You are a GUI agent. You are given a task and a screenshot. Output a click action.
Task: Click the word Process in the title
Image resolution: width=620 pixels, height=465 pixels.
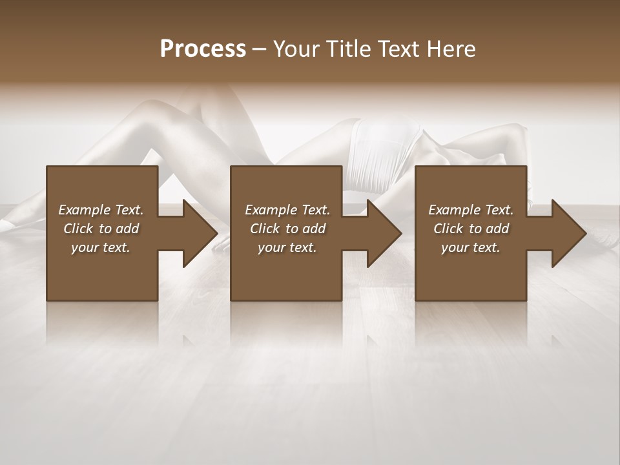(203, 49)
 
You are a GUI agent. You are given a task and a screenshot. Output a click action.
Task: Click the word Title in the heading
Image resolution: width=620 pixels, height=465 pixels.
(350, 49)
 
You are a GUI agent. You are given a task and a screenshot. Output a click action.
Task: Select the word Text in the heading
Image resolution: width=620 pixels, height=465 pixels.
(398, 49)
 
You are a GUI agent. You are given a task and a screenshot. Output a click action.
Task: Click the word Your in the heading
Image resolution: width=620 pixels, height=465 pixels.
(297, 49)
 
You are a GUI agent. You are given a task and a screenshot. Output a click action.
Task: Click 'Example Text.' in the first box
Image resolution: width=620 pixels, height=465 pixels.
(101, 210)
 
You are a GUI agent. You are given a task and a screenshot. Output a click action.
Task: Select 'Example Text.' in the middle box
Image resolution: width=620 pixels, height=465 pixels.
(287, 210)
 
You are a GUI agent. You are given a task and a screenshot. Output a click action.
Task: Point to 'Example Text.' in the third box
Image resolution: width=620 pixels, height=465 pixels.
(471, 210)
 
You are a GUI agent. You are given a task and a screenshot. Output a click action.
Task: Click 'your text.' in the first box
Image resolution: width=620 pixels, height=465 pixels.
(101, 247)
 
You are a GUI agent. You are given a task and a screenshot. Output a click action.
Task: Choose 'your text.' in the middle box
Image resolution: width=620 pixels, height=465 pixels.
(287, 247)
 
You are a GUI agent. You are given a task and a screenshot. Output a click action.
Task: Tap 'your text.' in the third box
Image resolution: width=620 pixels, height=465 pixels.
(471, 247)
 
